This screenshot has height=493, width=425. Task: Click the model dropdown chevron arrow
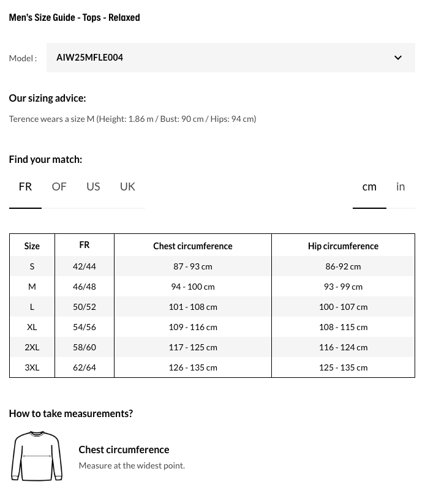(397, 58)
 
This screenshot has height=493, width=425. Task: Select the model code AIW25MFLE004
(90, 58)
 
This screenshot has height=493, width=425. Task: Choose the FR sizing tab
(25, 187)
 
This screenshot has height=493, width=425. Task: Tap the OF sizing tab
(59, 187)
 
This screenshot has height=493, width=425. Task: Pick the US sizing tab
(93, 187)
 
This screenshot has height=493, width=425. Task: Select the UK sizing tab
(127, 187)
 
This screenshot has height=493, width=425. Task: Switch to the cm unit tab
(369, 187)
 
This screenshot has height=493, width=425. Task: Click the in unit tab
(401, 187)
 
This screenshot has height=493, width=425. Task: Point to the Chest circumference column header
(192, 246)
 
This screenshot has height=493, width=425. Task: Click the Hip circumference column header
(343, 246)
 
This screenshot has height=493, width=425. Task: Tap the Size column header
(32, 246)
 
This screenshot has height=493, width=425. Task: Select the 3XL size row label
(32, 367)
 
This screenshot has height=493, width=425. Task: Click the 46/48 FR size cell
(85, 287)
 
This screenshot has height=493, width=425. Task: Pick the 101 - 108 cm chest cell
(192, 307)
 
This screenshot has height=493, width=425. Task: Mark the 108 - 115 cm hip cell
(343, 327)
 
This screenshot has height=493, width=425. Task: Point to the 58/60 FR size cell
(85, 347)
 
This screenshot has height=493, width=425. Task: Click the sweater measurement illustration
(37, 456)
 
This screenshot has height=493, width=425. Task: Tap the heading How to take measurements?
(70, 413)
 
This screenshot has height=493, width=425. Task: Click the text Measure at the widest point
(132, 465)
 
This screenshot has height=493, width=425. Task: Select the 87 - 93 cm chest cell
(192, 266)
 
